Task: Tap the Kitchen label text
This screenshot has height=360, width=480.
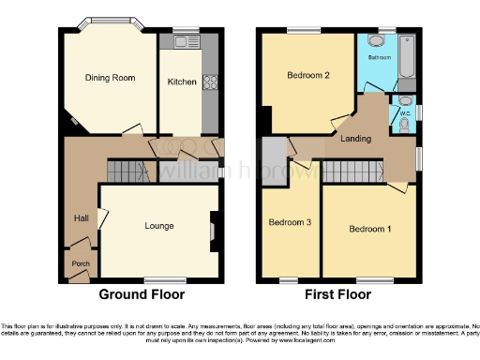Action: [x=182, y=82]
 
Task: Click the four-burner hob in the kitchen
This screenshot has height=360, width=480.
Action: [x=210, y=82]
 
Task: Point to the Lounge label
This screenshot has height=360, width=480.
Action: [x=158, y=225]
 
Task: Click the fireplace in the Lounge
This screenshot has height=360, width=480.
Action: [x=213, y=227]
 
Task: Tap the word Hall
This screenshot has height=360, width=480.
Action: [x=82, y=218]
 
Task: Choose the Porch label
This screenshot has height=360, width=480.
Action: [x=80, y=263]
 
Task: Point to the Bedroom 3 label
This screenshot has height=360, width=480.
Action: [x=288, y=223]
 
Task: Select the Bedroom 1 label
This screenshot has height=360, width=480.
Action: [x=368, y=229]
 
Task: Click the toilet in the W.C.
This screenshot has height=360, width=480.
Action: [x=404, y=100]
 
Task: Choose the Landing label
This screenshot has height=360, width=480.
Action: [x=355, y=139]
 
